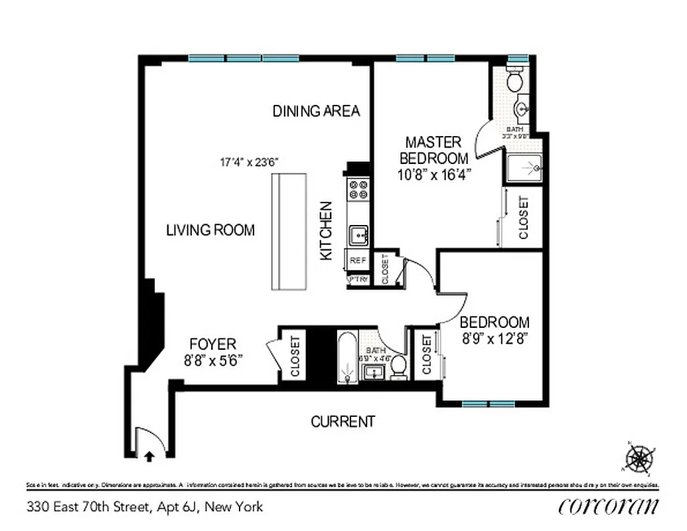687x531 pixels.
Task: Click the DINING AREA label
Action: pyautogui.click(x=316, y=111)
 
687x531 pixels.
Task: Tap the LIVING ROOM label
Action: pyautogui.click(x=210, y=230)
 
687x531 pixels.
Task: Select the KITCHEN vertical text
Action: pyautogui.click(x=326, y=230)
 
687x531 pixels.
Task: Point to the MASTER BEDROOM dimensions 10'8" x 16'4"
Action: pyautogui.click(x=434, y=175)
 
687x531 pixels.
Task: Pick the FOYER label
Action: pyautogui.click(x=212, y=344)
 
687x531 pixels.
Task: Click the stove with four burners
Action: pyautogui.click(x=358, y=191)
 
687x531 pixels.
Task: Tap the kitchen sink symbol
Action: pyautogui.click(x=359, y=234)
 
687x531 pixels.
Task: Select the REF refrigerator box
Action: pyautogui.click(x=356, y=261)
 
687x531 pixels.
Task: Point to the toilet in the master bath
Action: pyautogui.click(x=514, y=82)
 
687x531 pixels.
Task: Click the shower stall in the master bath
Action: pyautogui.click(x=525, y=169)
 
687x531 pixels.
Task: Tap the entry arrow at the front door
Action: pyautogui.click(x=149, y=455)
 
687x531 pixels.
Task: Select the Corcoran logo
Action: pyautogui.click(x=609, y=506)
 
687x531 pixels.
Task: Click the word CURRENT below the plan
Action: pyautogui.click(x=343, y=421)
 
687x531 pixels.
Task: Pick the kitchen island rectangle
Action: pyautogui.click(x=289, y=231)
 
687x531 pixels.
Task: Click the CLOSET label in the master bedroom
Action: pyautogui.click(x=523, y=218)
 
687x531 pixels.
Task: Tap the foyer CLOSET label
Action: pyautogui.click(x=295, y=356)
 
